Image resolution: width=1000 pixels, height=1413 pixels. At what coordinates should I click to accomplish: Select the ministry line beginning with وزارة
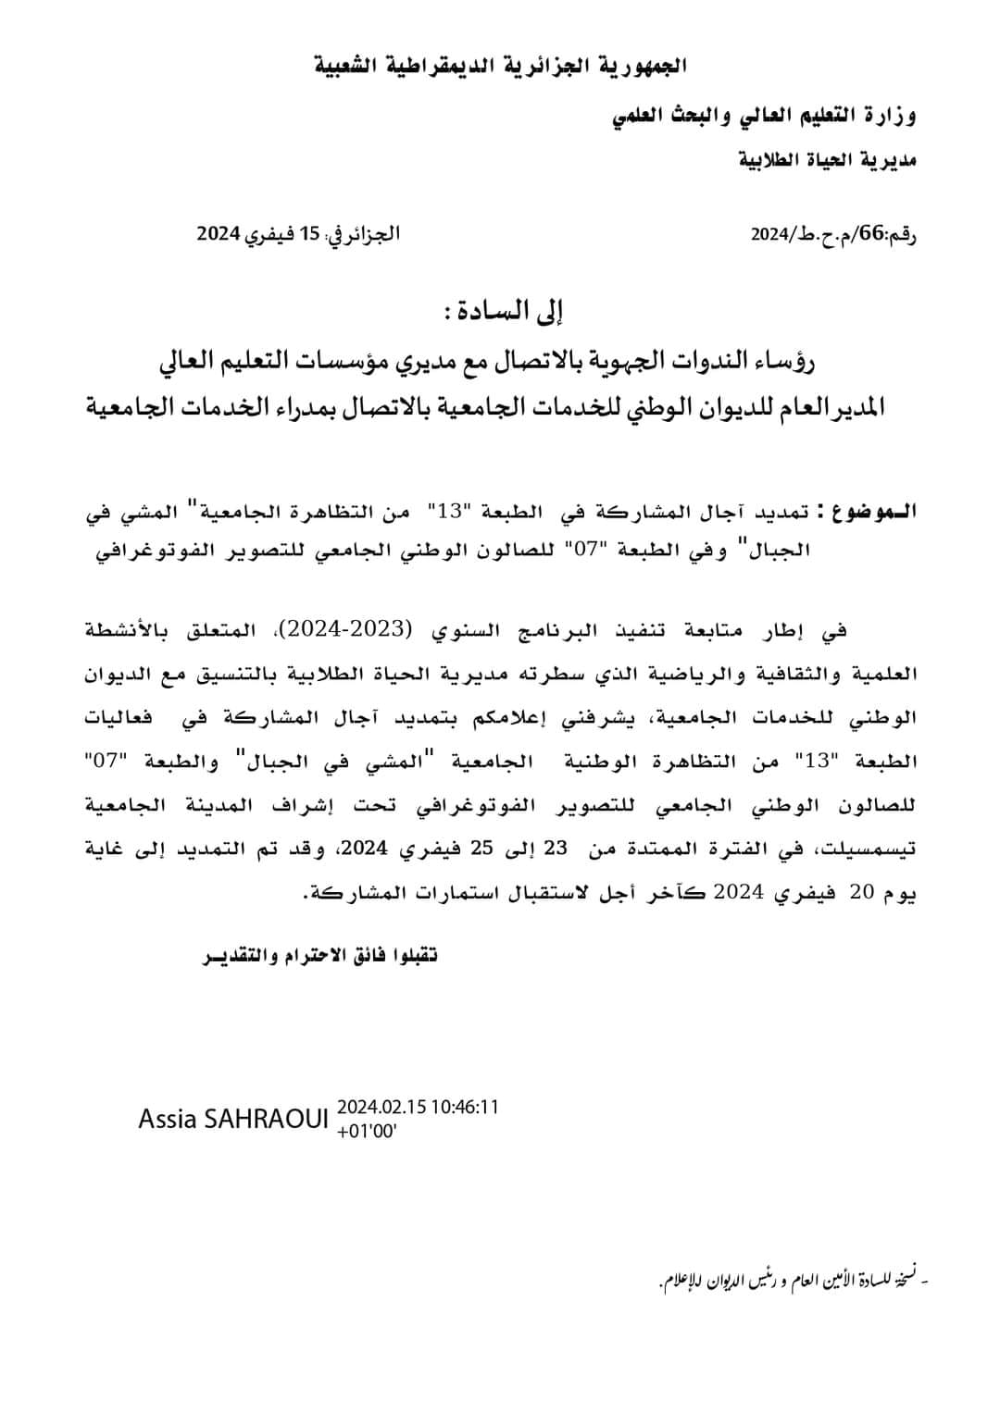(765, 117)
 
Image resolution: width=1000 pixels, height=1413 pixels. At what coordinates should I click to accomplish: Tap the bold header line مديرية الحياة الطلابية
(828, 160)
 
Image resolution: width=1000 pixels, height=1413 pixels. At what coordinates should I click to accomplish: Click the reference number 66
(872, 232)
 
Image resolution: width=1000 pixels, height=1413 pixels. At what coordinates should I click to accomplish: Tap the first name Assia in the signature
(168, 1120)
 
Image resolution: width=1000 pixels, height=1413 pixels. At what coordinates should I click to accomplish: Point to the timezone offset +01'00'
(368, 1130)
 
